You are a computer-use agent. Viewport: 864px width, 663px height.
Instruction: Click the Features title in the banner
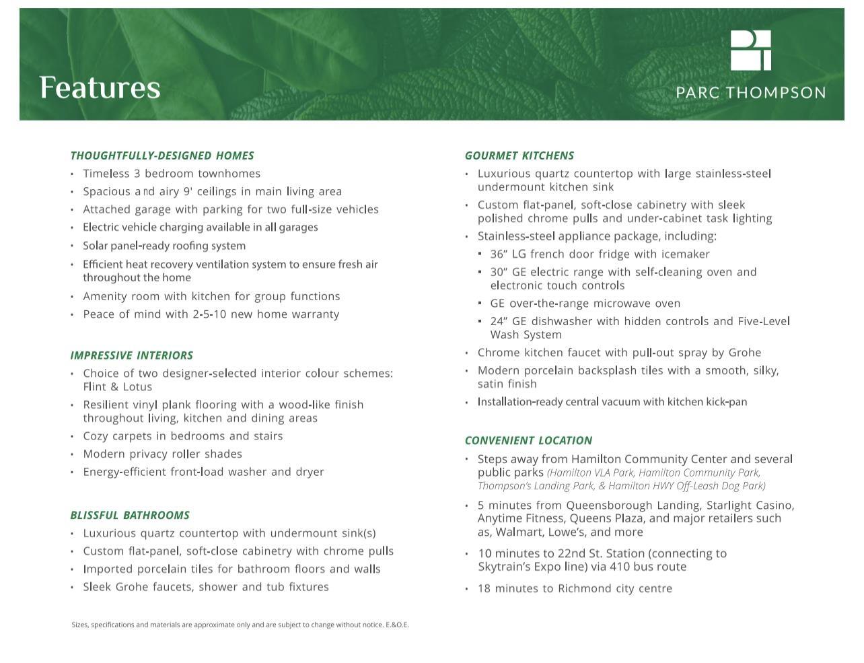[x=100, y=88]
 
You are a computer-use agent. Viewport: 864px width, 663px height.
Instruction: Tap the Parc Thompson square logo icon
[x=750, y=50]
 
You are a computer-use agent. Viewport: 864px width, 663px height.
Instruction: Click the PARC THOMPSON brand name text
[x=750, y=93]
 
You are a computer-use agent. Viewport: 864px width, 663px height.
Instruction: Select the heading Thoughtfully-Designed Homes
[x=162, y=155]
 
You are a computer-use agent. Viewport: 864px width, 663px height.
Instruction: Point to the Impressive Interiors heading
[x=132, y=355]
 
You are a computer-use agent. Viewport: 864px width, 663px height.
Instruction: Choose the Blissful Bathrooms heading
[x=130, y=516]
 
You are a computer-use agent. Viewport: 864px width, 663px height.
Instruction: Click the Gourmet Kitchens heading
[x=519, y=155]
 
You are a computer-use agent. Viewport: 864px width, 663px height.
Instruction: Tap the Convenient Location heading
[x=528, y=441]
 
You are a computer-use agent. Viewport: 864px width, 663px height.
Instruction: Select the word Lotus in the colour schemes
[x=137, y=387]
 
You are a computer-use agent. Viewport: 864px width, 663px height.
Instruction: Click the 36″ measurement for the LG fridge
[x=499, y=254]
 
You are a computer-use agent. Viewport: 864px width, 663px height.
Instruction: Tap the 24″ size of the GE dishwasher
[x=499, y=322]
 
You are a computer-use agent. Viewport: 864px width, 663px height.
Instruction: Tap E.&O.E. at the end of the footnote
[x=397, y=625]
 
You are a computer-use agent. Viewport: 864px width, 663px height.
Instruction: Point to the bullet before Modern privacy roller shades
[x=72, y=454]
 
